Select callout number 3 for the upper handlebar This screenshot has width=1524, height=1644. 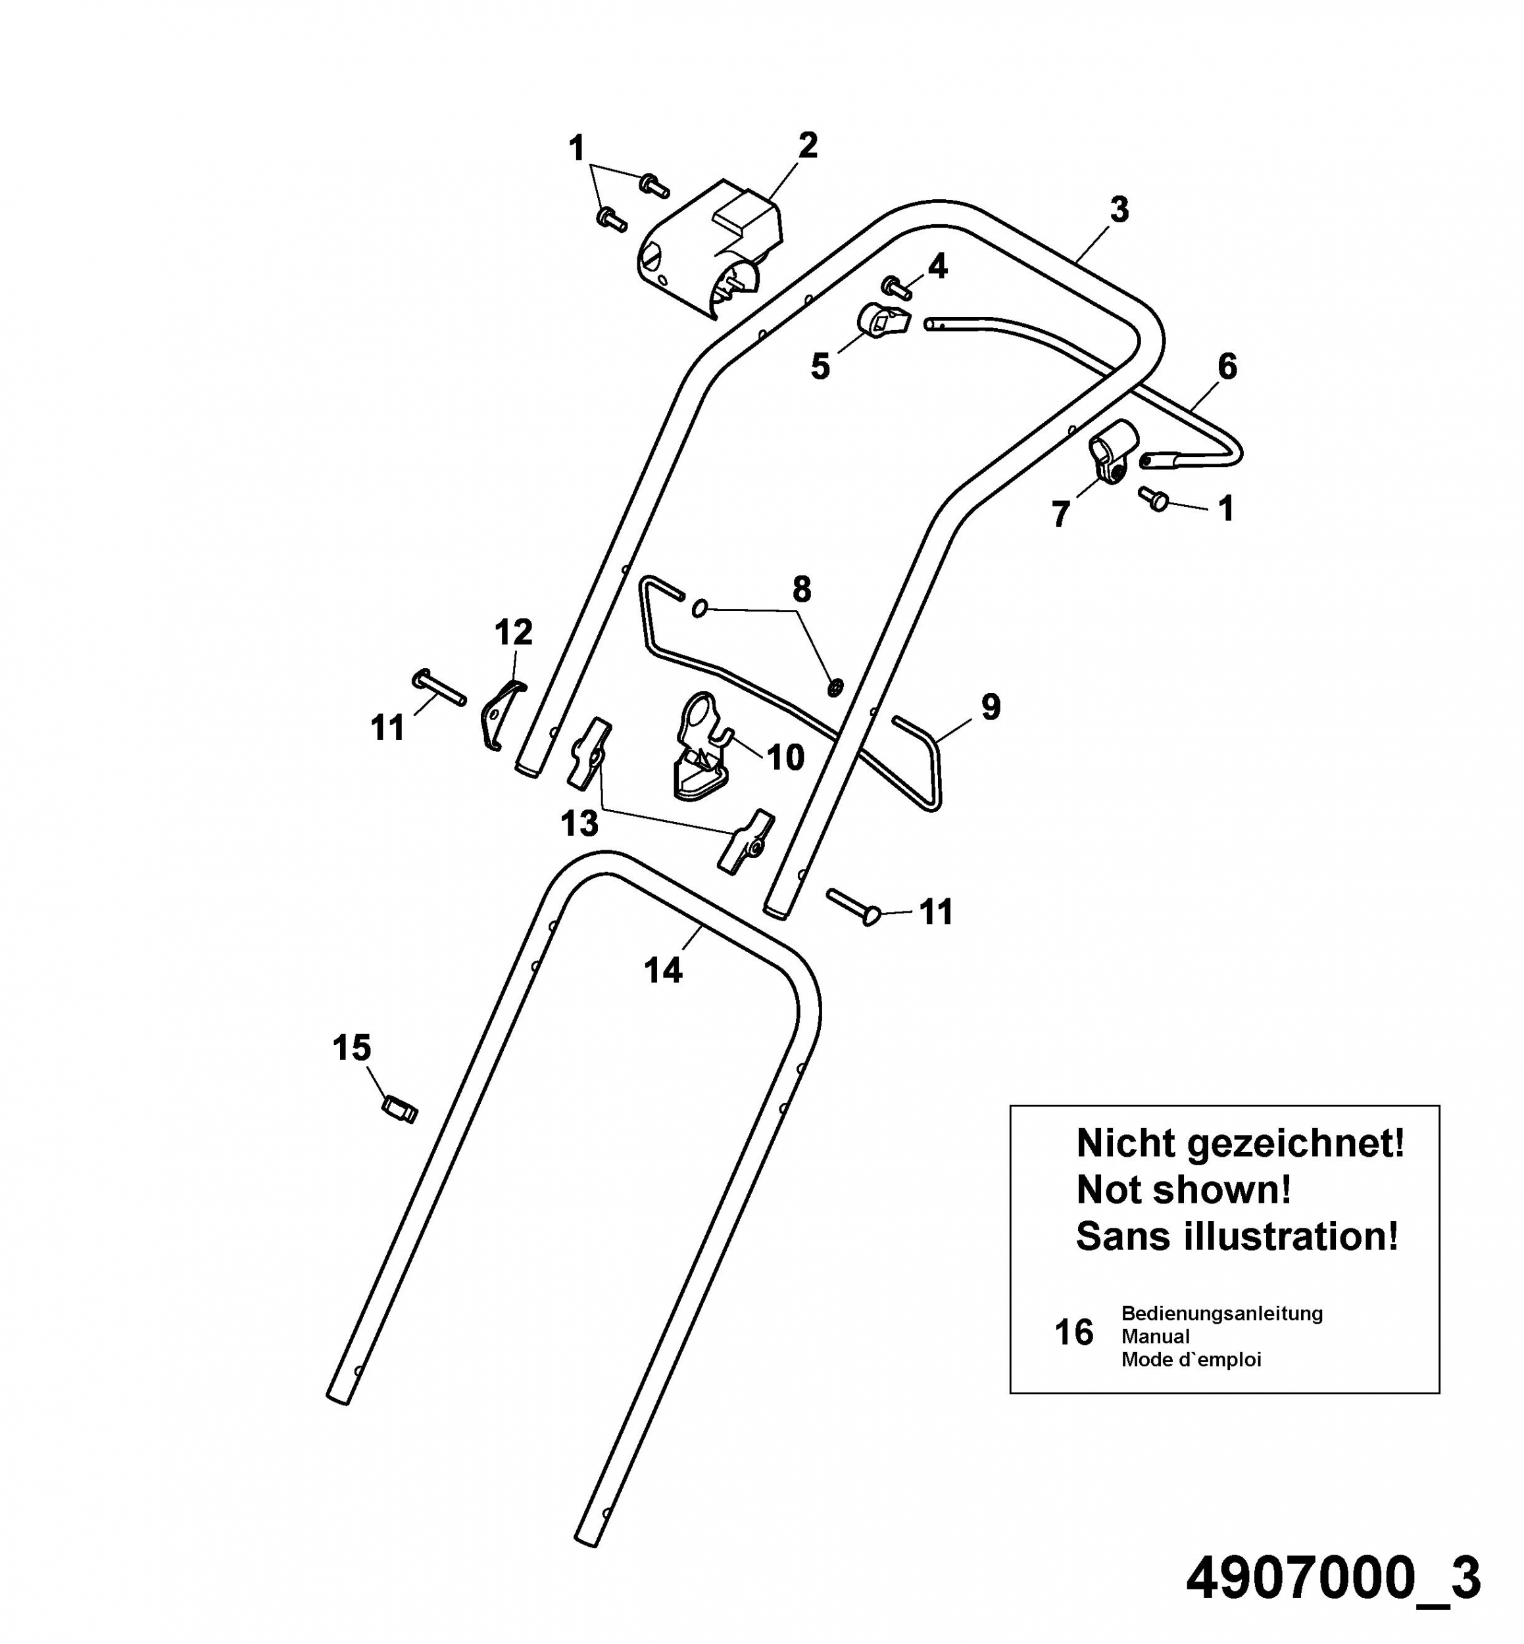pos(1118,209)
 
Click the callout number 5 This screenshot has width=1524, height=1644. pos(820,367)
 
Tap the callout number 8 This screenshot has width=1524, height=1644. pos(802,589)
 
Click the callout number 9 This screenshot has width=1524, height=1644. pos(991,706)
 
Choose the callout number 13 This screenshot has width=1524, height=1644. pos(579,823)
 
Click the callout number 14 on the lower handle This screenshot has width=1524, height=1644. pos(663,971)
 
